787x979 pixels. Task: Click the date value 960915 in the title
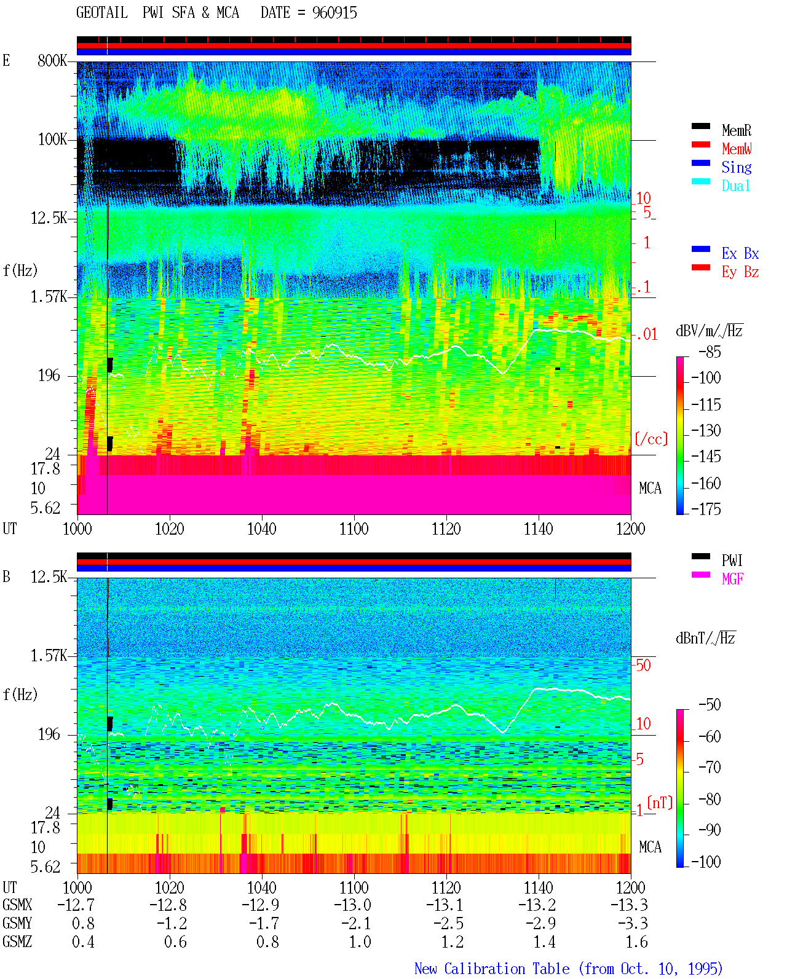(x=334, y=13)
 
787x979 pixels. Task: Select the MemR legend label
(x=737, y=130)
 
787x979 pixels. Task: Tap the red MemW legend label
(x=737, y=149)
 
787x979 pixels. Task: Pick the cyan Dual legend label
(x=736, y=186)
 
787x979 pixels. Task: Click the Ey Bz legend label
(x=740, y=272)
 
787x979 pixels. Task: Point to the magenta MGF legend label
(x=732, y=579)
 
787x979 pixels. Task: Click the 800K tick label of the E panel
(x=52, y=60)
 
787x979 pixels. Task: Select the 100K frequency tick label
(x=52, y=140)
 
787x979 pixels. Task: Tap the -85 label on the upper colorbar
(x=710, y=352)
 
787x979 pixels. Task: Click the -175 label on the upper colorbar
(x=706, y=509)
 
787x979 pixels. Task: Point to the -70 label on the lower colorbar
(x=710, y=768)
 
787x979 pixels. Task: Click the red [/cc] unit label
(x=651, y=439)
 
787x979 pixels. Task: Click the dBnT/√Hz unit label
(x=705, y=639)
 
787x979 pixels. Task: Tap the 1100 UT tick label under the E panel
(x=354, y=529)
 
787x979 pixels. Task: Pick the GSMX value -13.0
(x=353, y=905)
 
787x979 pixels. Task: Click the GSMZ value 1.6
(x=636, y=942)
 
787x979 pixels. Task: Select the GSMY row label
(x=17, y=923)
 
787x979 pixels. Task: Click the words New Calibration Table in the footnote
(x=492, y=969)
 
